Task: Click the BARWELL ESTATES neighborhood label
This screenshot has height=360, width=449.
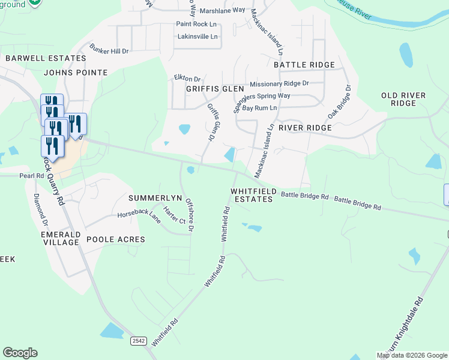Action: click(46, 58)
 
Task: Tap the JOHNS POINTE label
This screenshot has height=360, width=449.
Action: click(76, 73)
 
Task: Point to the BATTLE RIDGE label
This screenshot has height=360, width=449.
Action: click(304, 65)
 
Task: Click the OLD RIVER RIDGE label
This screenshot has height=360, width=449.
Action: click(403, 100)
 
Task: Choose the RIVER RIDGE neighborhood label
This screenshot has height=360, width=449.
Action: click(305, 128)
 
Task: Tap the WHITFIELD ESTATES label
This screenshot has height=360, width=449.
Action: click(253, 195)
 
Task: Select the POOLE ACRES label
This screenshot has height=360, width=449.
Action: click(116, 239)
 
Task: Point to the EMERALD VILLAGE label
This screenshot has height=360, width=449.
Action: click(60, 238)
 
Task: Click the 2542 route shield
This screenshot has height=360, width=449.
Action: click(139, 341)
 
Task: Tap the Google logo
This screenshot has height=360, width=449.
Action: click(20, 353)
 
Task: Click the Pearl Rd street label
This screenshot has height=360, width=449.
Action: click(32, 176)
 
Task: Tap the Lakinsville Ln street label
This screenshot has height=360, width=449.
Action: click(196, 37)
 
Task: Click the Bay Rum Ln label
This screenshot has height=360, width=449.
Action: click(259, 108)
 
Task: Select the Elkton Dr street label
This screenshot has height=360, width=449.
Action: click(187, 79)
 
